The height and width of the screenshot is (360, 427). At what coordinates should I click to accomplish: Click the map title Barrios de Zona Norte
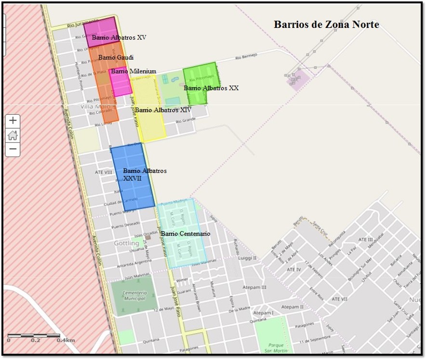coord(326,25)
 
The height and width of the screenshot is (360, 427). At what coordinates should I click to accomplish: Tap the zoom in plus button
coord(13,121)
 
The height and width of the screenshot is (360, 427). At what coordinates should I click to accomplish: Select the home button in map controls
coord(13,135)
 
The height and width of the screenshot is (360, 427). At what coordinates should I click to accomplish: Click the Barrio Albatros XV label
coord(119,37)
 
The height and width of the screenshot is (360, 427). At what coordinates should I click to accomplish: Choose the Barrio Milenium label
coord(133,71)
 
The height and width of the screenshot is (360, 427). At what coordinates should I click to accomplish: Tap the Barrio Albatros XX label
coord(211,88)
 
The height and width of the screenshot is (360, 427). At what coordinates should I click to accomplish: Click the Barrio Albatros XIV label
coord(163,110)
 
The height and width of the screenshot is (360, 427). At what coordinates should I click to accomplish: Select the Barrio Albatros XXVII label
coord(145,174)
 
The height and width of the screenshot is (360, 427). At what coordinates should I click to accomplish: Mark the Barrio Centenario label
coord(186,234)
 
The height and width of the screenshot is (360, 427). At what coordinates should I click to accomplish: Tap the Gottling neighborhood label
coord(126,243)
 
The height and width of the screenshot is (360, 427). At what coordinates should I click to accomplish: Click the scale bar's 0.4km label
coord(66,340)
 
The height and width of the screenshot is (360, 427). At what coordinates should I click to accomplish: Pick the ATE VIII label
coord(103,172)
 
